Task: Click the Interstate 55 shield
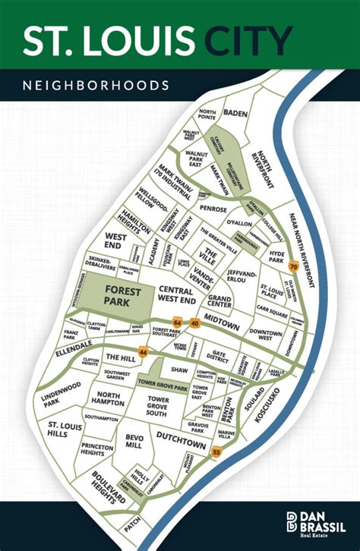click(217, 453)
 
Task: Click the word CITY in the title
click(251, 42)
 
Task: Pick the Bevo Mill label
click(134, 442)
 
